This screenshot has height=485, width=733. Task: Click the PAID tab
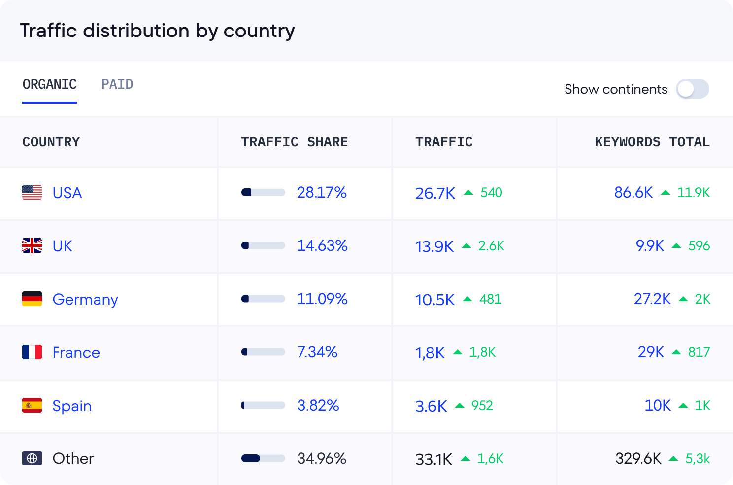pyautogui.click(x=117, y=84)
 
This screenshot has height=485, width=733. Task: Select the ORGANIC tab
pyautogui.click(x=50, y=84)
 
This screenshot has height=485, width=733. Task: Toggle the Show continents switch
pyautogui.click(x=692, y=89)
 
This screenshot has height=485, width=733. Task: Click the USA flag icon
pyautogui.click(x=32, y=192)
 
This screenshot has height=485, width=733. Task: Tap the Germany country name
pyautogui.click(x=85, y=299)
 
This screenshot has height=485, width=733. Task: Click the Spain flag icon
pyautogui.click(x=32, y=405)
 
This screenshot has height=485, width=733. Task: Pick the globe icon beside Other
pyautogui.click(x=32, y=458)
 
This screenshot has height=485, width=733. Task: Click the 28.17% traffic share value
pyautogui.click(x=322, y=192)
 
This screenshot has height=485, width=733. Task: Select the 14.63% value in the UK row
pyautogui.click(x=322, y=245)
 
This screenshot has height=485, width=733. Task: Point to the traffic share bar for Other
pyautogui.click(x=263, y=458)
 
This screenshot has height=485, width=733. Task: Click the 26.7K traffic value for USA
pyautogui.click(x=435, y=193)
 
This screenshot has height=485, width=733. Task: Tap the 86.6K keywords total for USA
pyautogui.click(x=633, y=192)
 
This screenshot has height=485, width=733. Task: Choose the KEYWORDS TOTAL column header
pyautogui.click(x=652, y=142)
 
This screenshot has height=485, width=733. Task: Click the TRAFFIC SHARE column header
pyautogui.click(x=294, y=142)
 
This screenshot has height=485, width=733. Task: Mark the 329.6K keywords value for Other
pyautogui.click(x=638, y=458)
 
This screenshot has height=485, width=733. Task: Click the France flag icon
pyautogui.click(x=32, y=352)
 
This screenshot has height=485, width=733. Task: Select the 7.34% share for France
pyautogui.click(x=317, y=352)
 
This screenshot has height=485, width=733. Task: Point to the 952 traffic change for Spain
pyautogui.click(x=482, y=405)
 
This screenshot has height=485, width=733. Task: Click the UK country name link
pyautogui.click(x=63, y=245)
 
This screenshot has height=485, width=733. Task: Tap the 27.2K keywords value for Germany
pyautogui.click(x=652, y=299)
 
